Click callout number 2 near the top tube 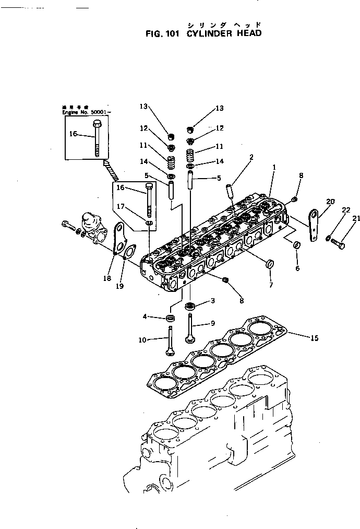pyautogui.click(x=251, y=157)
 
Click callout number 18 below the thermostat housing pyautogui.click(x=107, y=278)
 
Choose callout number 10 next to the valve pyautogui.click(x=143, y=340)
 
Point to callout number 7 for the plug pyautogui.click(x=270, y=285)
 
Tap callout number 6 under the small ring pyautogui.click(x=297, y=268)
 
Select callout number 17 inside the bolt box pyautogui.click(x=121, y=206)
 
